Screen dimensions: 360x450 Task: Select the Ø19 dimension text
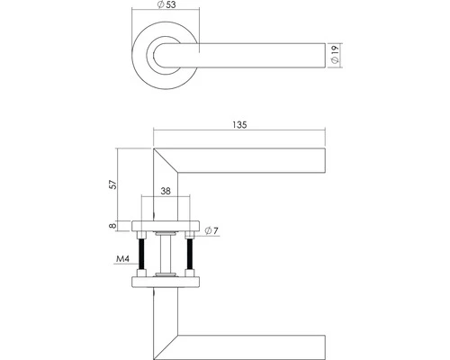334,56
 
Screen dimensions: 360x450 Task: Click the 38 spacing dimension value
166,192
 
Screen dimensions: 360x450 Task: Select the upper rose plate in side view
166,226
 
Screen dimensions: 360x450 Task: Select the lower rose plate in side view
166,283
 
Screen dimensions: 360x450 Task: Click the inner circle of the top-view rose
166,56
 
